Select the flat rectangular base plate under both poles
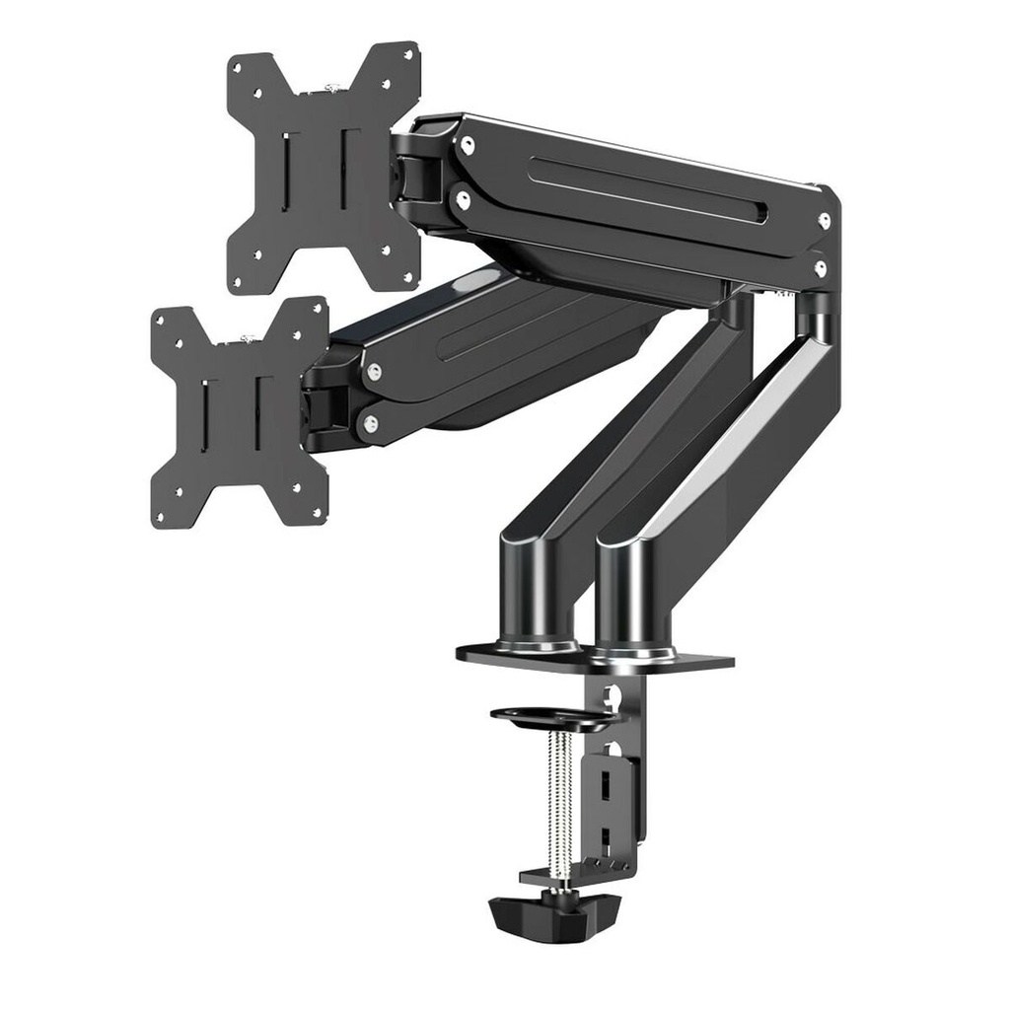tap(595, 656)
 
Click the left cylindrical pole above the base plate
tap(538, 592)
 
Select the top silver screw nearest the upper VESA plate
tap(467, 145)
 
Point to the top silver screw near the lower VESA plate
tap(373, 372)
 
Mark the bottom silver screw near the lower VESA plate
tap(370, 424)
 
